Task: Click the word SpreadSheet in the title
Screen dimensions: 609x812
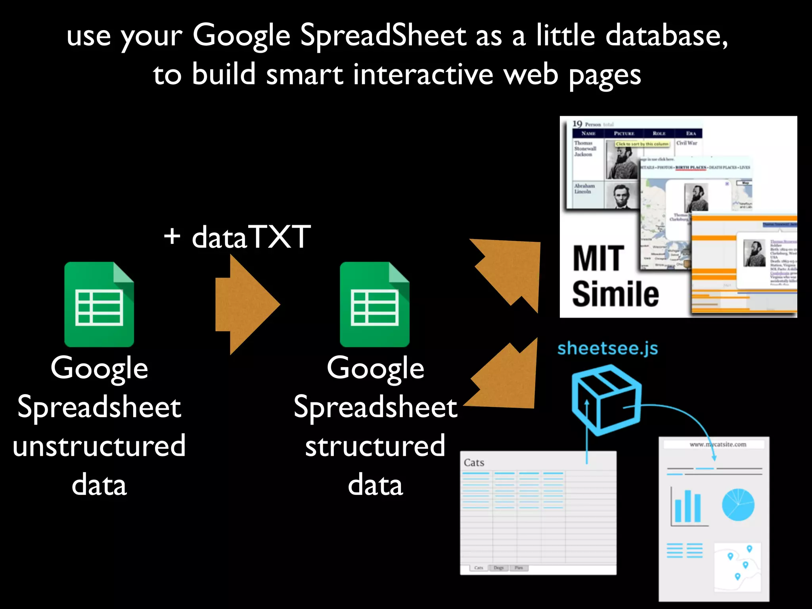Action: coord(383,36)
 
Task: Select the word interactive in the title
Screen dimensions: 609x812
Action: coord(423,75)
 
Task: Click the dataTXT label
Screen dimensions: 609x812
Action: coord(251,237)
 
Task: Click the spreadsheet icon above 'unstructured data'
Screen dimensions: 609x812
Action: coord(99,304)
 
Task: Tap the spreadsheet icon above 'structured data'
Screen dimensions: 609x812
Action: coord(375,304)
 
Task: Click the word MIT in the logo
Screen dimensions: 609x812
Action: coord(599,259)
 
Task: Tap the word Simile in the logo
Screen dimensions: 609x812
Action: coord(615,294)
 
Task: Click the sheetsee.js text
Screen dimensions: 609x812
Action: coord(607,349)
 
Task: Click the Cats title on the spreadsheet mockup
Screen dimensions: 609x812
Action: coord(474,463)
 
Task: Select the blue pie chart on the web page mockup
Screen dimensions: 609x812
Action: coord(738,505)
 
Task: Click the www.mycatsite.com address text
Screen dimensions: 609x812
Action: coord(718,444)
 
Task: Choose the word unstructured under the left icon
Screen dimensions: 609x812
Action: coord(99,446)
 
